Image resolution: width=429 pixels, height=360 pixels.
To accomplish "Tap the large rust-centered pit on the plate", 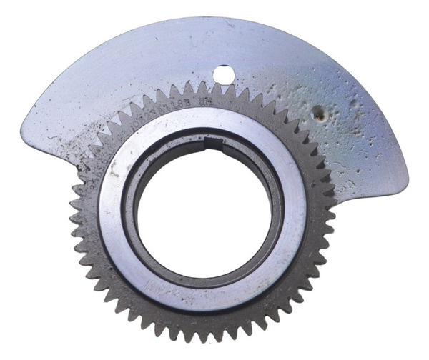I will [317, 112].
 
